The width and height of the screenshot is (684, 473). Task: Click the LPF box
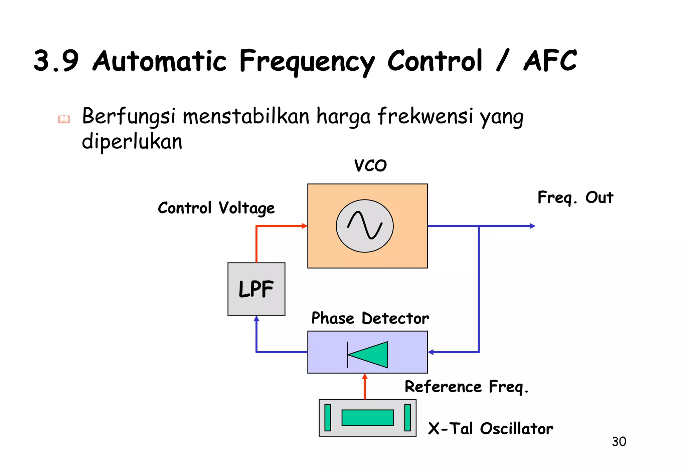tap(256, 289)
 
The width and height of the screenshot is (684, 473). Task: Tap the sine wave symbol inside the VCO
tap(365, 225)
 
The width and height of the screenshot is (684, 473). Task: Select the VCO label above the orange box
tap(370, 165)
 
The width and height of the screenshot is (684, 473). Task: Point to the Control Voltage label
tap(216, 208)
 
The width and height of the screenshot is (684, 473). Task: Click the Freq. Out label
tap(575, 197)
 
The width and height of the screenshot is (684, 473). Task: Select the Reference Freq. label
tap(466, 387)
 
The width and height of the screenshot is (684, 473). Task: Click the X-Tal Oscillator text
tap(490, 429)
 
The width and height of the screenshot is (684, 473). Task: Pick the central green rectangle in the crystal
tap(367, 418)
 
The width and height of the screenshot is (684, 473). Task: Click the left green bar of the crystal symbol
tap(328, 418)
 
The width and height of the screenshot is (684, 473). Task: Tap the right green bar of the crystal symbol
tap(407, 418)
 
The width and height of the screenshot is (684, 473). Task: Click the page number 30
tap(619, 442)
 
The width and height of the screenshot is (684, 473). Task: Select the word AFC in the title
tap(550, 61)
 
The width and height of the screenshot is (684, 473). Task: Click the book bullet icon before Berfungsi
tap(64, 119)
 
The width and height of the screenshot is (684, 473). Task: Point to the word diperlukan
tap(132, 142)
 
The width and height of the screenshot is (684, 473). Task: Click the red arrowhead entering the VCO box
tap(304, 226)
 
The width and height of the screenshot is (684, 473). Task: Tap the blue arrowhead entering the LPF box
tap(256, 319)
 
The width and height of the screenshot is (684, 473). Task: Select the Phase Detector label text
tap(370, 318)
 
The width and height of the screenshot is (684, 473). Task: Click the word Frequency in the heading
tap(307, 62)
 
